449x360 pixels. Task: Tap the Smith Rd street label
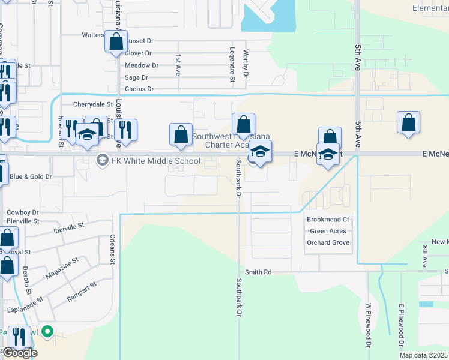pyautogui.click(x=259, y=272)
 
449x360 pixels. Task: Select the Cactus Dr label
pyautogui.click(x=139, y=89)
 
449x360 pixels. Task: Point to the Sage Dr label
pyautogui.click(x=136, y=77)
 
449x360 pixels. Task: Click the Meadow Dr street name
pyautogui.click(x=142, y=65)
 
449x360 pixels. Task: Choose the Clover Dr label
pyautogui.click(x=138, y=53)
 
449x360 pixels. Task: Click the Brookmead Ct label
pyautogui.click(x=328, y=220)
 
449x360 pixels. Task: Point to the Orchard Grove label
pyautogui.click(x=328, y=242)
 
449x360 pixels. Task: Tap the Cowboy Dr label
pyautogui.click(x=22, y=212)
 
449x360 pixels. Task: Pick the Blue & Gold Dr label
pyautogui.click(x=31, y=177)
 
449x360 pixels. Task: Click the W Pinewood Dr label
pyautogui.click(x=367, y=325)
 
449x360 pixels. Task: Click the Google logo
pyautogui.click(x=20, y=353)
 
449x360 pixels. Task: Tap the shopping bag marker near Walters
pyautogui.click(x=116, y=42)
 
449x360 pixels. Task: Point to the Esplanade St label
pyautogui.click(x=23, y=310)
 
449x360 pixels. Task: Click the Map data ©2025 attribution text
pyautogui.click(x=424, y=355)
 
